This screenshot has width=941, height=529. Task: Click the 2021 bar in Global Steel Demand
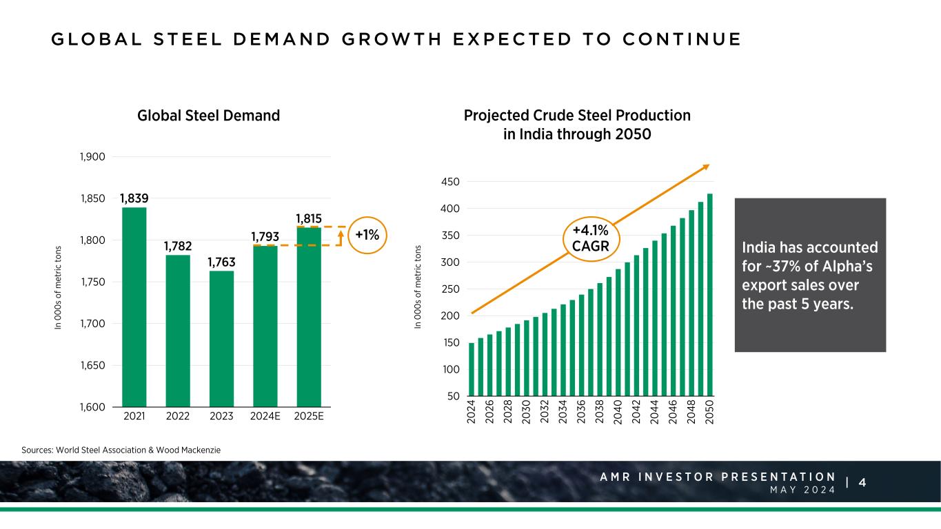pyautogui.click(x=134, y=307)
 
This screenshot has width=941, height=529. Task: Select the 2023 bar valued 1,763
pyautogui.click(x=221, y=338)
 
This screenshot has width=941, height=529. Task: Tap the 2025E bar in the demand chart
pyautogui.click(x=309, y=316)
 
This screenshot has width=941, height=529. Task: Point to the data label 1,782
pyautogui.click(x=178, y=246)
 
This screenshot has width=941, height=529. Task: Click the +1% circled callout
pyautogui.click(x=367, y=235)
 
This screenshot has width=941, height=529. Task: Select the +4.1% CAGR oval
pyautogui.click(x=590, y=238)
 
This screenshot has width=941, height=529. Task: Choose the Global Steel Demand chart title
pyautogui.click(x=209, y=116)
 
